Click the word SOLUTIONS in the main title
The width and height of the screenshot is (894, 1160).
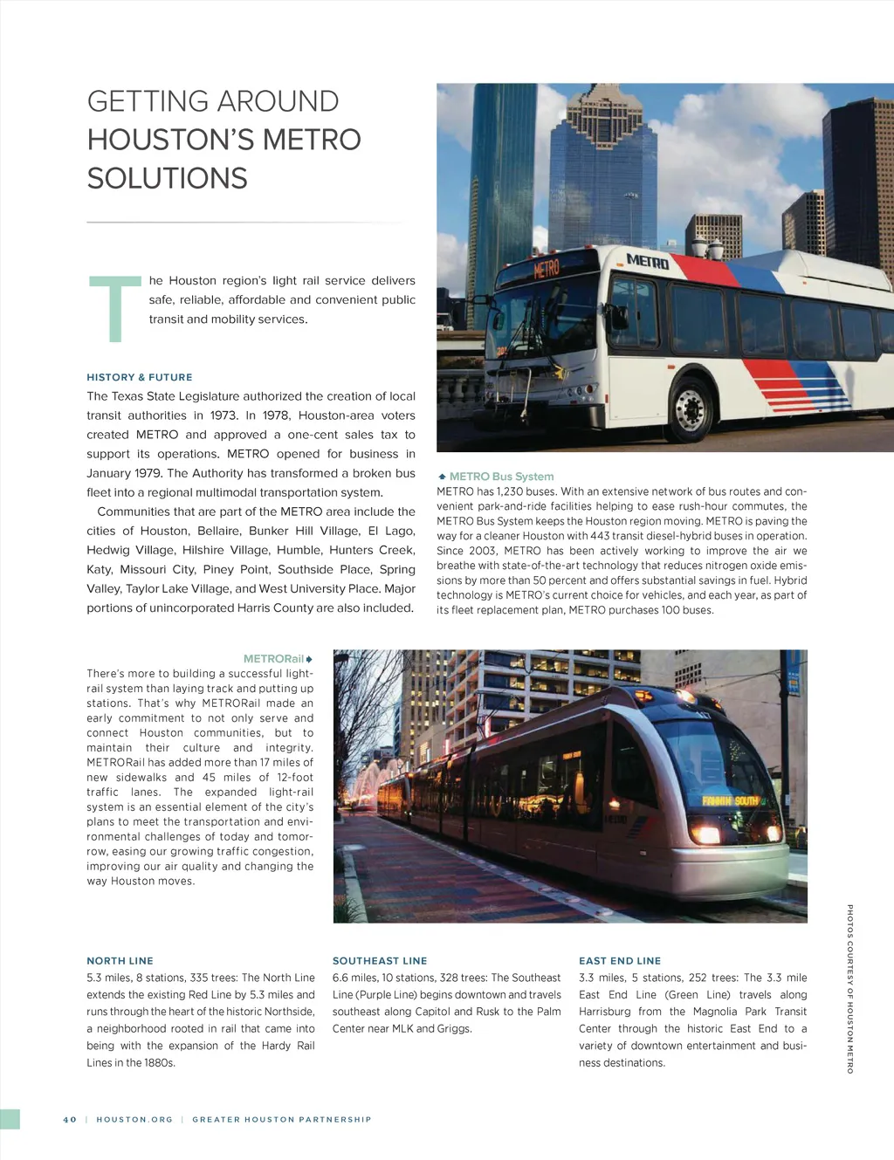pos(167,179)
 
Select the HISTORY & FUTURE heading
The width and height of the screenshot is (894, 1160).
pos(140,377)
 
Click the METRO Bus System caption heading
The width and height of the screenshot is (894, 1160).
pos(501,477)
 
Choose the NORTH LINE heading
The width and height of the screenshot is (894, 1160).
pos(120,961)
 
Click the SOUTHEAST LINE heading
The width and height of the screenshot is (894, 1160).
pos(380,961)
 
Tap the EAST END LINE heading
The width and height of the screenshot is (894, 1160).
pos(620,961)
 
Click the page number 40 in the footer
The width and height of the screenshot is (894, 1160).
pos(70,1120)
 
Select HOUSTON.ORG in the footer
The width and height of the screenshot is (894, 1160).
pos(134,1120)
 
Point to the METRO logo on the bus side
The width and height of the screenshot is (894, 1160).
pos(647,260)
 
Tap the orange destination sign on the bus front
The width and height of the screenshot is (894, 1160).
pos(547,268)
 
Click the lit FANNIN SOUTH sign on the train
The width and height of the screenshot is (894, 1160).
pos(730,800)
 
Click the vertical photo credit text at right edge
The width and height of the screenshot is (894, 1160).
pos(849,989)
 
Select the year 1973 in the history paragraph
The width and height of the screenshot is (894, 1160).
pos(224,415)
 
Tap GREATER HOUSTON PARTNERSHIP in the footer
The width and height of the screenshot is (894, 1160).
pos(282,1120)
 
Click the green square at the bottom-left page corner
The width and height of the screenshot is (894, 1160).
pos(10,1119)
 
